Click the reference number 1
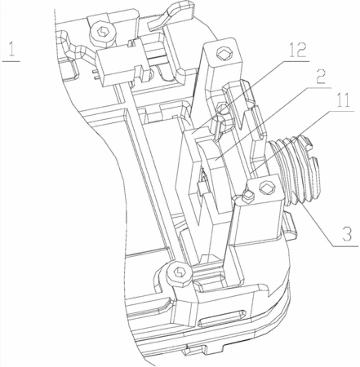coord(11,49)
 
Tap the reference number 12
coord(297,50)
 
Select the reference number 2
coord(321,77)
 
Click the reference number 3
coord(347,233)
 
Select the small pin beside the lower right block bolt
coord(248,196)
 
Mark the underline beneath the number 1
coord(11,61)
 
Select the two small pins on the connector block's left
coord(95,75)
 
